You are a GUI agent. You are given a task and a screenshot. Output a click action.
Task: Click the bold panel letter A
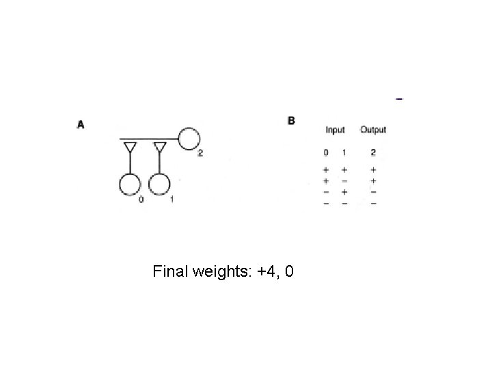81,124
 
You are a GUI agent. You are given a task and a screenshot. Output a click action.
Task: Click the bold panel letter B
292,121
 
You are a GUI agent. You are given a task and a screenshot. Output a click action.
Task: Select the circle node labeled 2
189,139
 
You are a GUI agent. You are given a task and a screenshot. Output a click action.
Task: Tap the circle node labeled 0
130,184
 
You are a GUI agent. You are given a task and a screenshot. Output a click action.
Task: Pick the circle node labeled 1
159,184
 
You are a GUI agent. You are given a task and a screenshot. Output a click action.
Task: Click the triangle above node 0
130,147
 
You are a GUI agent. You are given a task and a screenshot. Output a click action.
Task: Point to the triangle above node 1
159,147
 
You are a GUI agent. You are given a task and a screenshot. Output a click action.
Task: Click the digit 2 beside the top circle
200,153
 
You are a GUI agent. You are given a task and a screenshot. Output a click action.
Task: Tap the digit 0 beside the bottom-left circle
141,200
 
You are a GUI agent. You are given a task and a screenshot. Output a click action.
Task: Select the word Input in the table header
335,130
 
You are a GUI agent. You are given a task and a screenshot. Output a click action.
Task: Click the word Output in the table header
373,130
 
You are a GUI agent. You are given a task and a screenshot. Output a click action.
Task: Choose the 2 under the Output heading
373,152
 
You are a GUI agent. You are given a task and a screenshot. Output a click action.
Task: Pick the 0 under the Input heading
326,152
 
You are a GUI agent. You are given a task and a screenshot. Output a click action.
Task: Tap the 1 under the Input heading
344,152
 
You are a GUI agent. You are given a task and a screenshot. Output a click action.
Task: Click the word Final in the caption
171,273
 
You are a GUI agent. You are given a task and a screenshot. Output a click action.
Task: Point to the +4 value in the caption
266,273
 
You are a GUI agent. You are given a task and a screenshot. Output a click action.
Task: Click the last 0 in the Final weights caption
290,273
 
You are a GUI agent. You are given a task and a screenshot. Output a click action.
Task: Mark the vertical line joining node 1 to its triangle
159,164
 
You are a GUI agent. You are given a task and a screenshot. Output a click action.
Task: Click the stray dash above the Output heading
399,100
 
